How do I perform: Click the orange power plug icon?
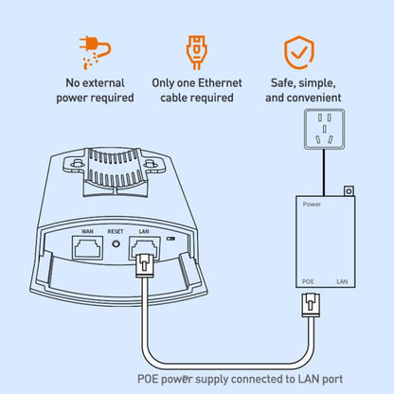coord(95,52)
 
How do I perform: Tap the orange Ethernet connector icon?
coord(196,52)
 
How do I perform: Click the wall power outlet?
coord(324,129)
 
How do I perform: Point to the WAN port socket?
coord(87,248)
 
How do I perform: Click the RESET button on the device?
coord(116,244)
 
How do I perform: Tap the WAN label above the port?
coord(87,231)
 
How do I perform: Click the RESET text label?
coord(116,231)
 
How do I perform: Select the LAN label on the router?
coord(144,231)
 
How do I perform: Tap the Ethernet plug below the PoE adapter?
coord(311,305)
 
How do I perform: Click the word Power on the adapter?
coord(312,205)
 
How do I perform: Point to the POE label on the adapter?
coord(308,281)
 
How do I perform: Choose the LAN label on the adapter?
coord(342,281)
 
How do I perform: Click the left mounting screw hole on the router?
coord(75,165)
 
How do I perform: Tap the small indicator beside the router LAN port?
coord(170,239)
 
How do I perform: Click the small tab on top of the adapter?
coord(349,191)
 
